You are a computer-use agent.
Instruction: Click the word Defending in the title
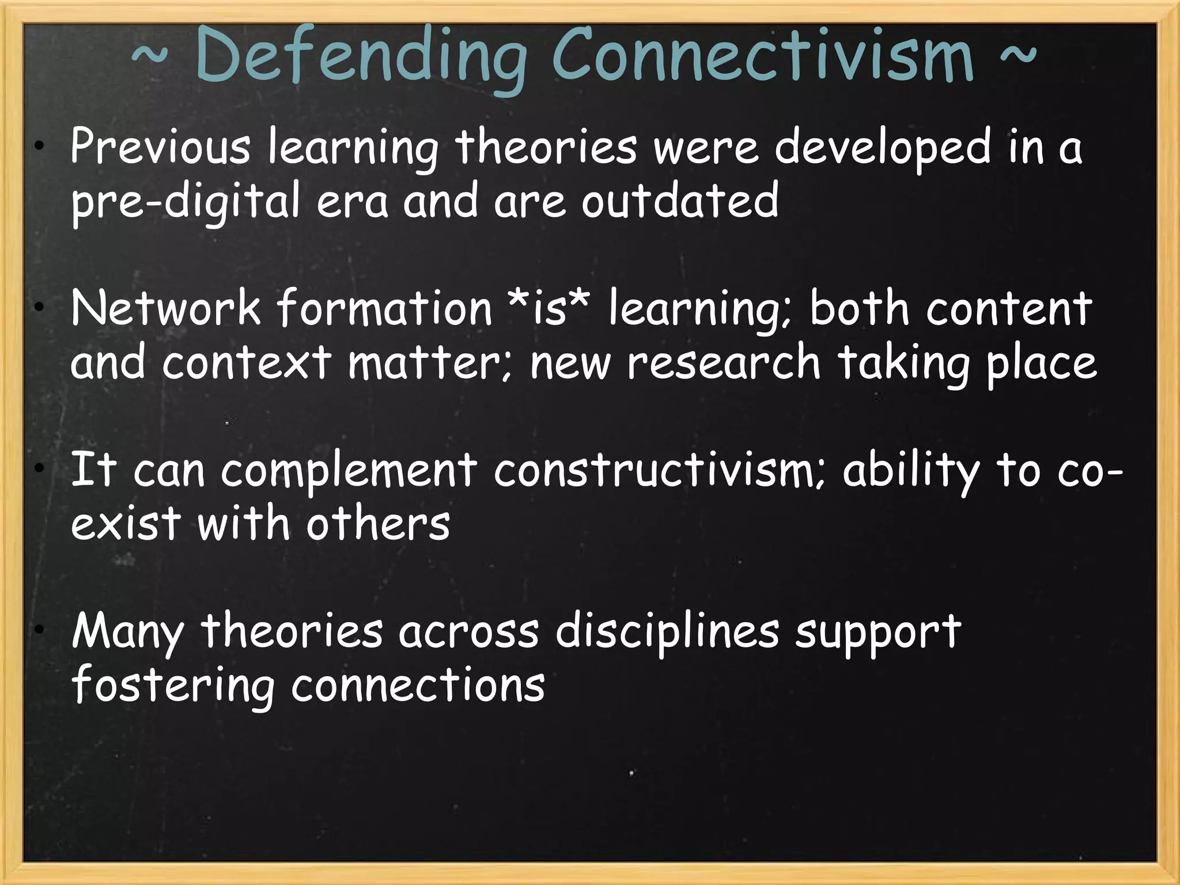click(360, 56)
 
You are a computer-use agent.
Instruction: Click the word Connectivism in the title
click(762, 56)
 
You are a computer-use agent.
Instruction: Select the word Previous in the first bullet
click(160, 147)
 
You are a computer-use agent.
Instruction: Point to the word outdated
click(680, 201)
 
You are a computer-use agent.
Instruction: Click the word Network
click(165, 309)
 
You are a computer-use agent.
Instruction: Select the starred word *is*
click(550, 309)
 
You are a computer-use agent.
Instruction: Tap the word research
click(723, 363)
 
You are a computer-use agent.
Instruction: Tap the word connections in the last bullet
click(418, 686)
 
